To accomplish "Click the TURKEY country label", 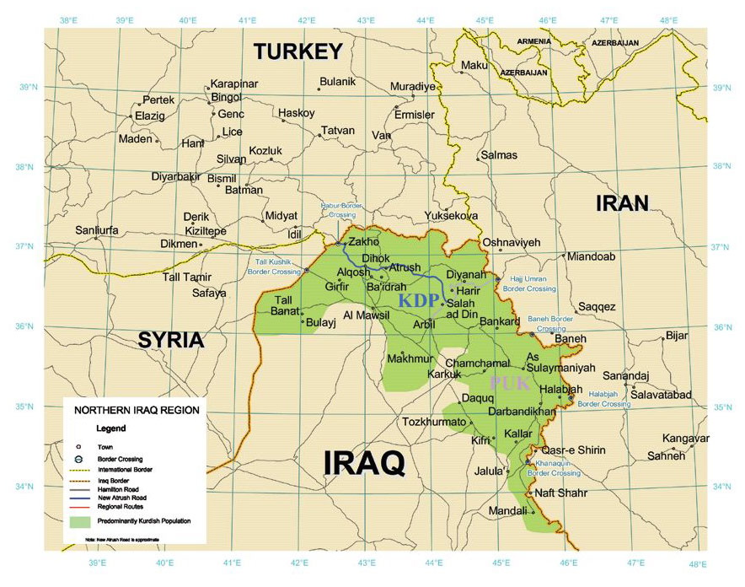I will click(298, 51).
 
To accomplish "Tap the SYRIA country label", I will click(171, 340).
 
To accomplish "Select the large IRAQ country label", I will click(364, 463).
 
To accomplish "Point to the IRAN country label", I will click(623, 202).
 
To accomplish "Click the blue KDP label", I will click(419, 301).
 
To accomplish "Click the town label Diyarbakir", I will click(175, 176).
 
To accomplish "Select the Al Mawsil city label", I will click(365, 315).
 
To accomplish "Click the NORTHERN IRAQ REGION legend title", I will click(137, 411).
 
